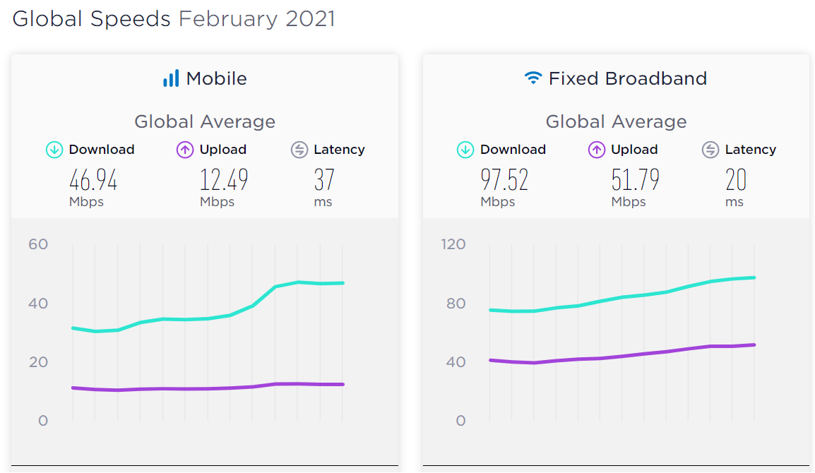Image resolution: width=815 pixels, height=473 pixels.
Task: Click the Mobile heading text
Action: click(216, 78)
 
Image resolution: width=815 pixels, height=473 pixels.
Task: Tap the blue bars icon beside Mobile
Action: click(171, 78)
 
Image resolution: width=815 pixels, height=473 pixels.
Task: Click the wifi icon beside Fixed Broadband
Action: click(533, 78)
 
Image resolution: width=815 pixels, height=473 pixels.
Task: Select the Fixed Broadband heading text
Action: click(627, 78)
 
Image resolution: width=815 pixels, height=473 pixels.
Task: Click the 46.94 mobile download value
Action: click(93, 181)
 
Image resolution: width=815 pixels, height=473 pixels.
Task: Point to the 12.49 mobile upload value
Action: click(224, 181)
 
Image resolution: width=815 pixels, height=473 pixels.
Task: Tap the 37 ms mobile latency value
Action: click(324, 181)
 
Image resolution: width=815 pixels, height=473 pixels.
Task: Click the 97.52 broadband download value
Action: click(504, 181)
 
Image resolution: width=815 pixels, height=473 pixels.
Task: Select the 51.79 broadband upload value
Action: click(635, 181)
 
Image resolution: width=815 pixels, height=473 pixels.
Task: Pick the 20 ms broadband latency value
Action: click(736, 181)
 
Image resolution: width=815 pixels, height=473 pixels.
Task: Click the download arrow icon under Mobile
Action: click(54, 150)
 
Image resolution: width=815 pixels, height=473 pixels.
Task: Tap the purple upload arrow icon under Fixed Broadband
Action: click(597, 150)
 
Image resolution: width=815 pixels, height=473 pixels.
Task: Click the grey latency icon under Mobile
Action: click(299, 150)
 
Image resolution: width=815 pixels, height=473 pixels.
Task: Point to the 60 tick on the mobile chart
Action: click(38, 244)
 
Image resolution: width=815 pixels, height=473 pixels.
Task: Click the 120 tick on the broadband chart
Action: click(453, 244)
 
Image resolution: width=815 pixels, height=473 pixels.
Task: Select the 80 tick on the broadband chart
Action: click(456, 304)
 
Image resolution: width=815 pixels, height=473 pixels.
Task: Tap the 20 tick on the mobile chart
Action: click(38, 362)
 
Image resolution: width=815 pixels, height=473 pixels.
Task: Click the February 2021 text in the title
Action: click(256, 19)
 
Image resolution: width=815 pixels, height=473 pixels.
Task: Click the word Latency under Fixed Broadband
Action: click(750, 150)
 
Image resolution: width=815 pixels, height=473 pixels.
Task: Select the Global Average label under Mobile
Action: click(205, 122)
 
